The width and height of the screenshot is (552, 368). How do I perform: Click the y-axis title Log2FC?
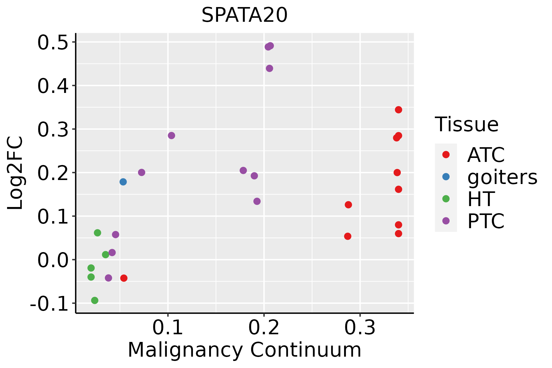15,173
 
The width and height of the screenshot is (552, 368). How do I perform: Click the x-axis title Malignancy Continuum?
244,350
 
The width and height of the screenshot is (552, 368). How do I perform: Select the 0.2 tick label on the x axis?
264,328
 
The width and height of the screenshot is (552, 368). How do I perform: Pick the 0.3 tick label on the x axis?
360,328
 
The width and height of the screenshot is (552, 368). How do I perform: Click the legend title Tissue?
467,125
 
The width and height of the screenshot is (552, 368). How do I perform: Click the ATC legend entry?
486,155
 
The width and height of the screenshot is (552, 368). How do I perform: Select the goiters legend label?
502,177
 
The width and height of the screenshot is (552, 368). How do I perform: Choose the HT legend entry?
481,199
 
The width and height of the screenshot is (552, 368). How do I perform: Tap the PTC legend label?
486,221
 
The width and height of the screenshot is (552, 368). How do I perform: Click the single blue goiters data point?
123,182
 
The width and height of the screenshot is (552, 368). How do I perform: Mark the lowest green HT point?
95,300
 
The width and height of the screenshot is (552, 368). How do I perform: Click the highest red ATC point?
398,110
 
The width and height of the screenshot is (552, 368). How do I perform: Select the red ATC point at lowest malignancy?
124,278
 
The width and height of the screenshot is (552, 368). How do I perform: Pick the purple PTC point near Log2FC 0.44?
270,68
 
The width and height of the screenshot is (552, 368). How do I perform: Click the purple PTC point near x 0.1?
171,136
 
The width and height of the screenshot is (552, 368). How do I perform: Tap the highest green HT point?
97,233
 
